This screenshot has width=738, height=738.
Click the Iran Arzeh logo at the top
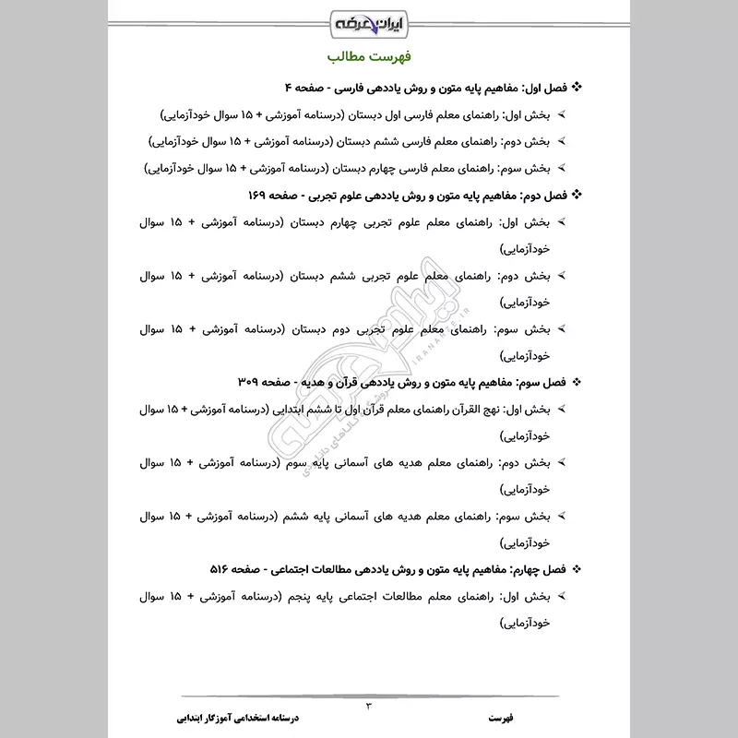tap(369, 21)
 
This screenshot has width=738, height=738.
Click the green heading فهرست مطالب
tap(369, 57)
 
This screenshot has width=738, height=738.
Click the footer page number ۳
tap(369, 706)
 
